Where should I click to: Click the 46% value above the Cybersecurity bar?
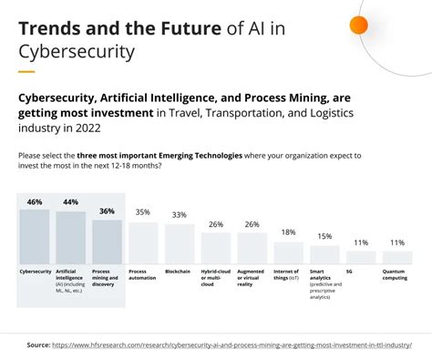tap(36, 201)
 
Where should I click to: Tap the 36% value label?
tap(107, 211)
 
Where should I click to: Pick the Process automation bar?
tap(143, 242)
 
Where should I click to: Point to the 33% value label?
tap(180, 214)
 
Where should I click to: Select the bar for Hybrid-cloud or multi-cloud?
tap(216, 248)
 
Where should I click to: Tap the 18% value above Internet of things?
tap(288, 232)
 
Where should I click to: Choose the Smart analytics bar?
tap(324, 254)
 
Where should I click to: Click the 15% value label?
tap(324, 236)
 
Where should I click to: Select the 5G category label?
tap(350, 272)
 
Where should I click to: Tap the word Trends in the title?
tap(50, 28)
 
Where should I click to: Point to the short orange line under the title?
tap(26, 71)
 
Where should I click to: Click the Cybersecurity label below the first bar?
tap(36, 272)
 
